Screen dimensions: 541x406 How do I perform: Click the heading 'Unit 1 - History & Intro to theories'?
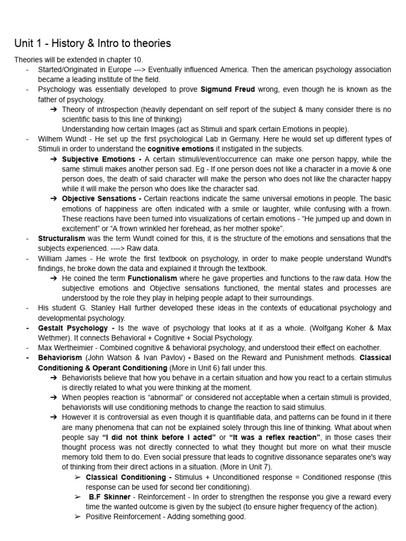pos(92,43)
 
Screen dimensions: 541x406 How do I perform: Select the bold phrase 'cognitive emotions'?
pos(180,149)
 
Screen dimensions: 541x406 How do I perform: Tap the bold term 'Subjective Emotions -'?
pos(100,159)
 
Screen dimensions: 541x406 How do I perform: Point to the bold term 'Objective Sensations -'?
pos(101,199)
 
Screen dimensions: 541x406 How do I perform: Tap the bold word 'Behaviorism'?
pos(60,358)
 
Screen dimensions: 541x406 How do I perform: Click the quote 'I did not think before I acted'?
pos(158,437)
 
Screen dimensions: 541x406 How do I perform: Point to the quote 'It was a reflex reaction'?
pos(275,437)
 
